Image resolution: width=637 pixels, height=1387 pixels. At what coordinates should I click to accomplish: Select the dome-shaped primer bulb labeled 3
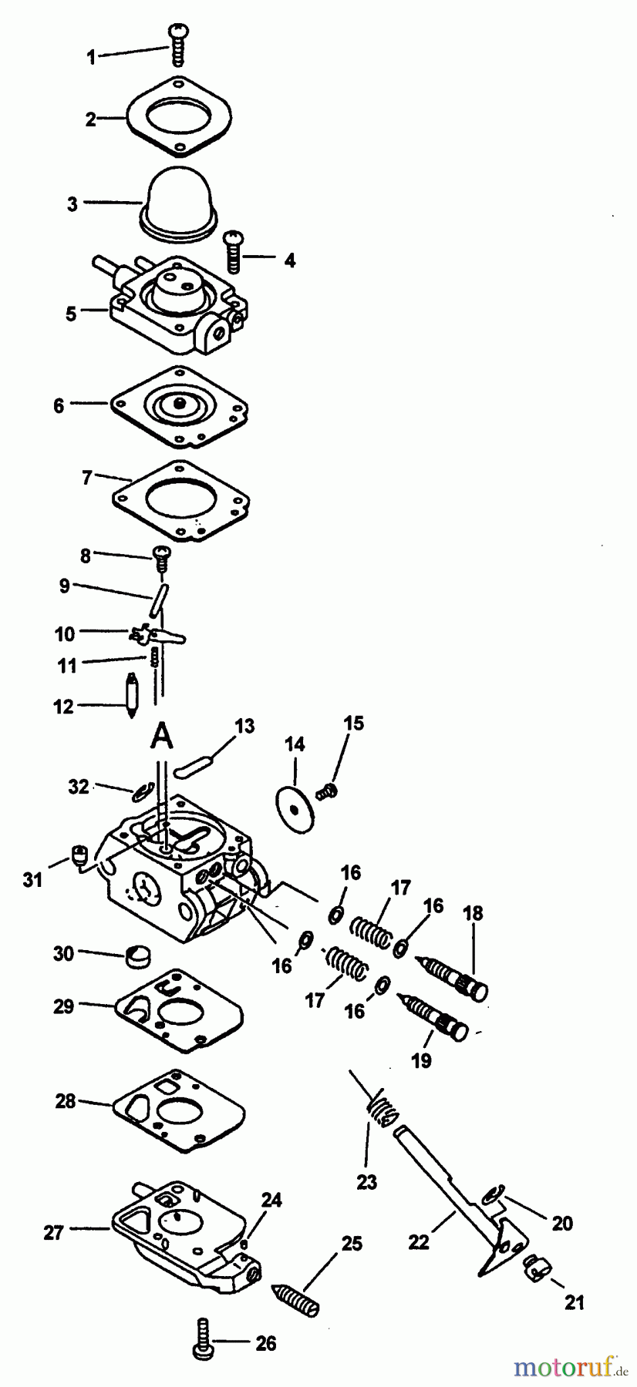click(x=178, y=200)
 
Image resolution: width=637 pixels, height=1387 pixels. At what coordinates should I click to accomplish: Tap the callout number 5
click(x=71, y=314)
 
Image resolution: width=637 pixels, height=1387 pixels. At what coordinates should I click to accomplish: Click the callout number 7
click(x=87, y=478)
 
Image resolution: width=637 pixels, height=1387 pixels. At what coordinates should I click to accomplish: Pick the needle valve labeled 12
click(x=132, y=696)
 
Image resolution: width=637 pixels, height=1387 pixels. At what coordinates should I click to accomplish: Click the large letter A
click(x=160, y=736)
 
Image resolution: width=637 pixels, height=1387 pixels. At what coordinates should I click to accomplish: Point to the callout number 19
click(x=421, y=1061)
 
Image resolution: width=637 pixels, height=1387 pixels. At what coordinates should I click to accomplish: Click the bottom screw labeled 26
click(x=203, y=1342)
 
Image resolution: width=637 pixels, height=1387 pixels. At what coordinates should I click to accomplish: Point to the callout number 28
click(x=66, y=1101)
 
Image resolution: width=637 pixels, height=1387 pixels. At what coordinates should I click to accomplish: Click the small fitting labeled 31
click(x=78, y=854)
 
